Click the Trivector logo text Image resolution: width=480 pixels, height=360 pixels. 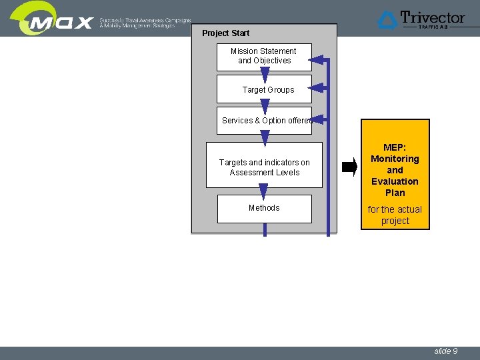coord(433,17)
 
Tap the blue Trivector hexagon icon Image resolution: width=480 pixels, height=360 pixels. coord(388,20)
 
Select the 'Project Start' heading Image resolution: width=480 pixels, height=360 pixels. coord(225,33)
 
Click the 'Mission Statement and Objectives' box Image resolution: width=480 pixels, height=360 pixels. coord(264,56)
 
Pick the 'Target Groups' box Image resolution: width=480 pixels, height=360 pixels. coord(268,90)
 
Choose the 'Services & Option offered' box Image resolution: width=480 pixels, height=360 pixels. coord(264,121)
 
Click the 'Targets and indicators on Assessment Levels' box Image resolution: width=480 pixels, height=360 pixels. coord(264,167)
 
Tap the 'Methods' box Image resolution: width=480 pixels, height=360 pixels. coord(264,208)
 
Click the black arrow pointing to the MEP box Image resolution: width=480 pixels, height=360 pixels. coord(349,167)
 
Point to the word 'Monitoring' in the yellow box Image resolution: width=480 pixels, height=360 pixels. coord(395,159)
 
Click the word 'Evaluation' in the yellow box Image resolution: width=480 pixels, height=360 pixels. coord(395,181)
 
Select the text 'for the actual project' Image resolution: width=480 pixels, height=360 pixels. coord(395,215)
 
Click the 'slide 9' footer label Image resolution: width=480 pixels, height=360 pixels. coord(445,351)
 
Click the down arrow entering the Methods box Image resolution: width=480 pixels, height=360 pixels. coord(263,191)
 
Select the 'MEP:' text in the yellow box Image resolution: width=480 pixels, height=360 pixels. coord(395,147)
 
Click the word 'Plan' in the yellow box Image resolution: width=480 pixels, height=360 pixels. coord(395,193)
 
